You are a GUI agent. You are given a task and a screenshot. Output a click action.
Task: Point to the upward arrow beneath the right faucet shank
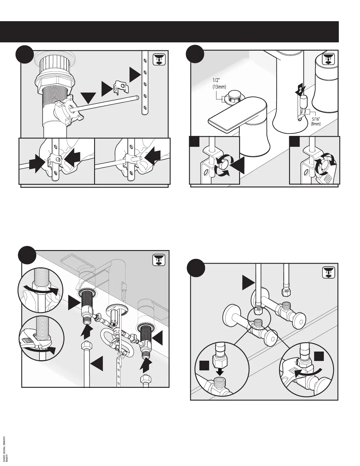point(146,361)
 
